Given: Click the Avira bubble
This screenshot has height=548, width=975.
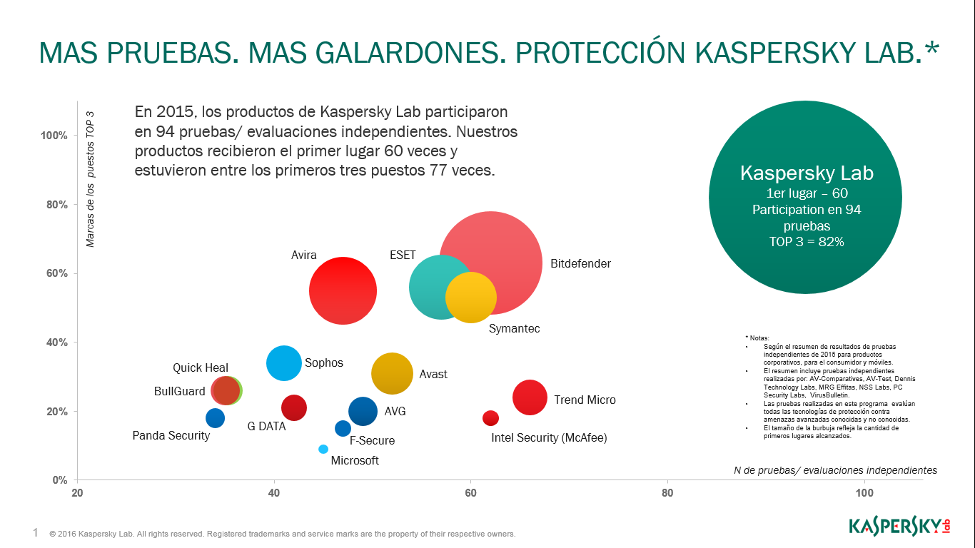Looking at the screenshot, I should click(343, 290).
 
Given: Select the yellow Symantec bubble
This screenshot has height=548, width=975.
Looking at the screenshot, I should click(471, 298).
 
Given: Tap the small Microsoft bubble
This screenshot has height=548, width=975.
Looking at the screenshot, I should click(323, 449).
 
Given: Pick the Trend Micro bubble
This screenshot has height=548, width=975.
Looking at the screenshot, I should click(530, 397).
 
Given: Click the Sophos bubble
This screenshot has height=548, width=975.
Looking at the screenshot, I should click(284, 363).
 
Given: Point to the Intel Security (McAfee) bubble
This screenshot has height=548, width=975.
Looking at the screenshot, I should click(490, 418).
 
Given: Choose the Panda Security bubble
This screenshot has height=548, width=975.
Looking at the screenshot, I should click(215, 418).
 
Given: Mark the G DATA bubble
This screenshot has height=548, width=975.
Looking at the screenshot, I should click(294, 407).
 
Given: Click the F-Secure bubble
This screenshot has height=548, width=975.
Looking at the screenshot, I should click(343, 428).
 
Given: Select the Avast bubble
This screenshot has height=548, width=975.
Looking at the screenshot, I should click(392, 373).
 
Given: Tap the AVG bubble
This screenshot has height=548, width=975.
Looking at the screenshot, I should click(363, 411).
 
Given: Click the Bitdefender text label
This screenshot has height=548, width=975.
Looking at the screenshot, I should click(580, 263).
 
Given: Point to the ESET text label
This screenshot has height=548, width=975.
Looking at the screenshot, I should click(403, 255).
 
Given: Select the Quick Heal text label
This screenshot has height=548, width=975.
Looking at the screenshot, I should click(201, 368).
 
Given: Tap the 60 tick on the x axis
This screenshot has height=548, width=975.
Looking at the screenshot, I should click(470, 493).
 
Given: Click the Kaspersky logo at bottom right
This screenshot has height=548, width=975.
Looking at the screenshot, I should click(899, 527).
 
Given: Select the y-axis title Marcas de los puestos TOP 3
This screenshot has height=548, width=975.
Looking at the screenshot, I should click(91, 179).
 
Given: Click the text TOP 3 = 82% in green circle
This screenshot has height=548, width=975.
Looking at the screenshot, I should click(806, 242).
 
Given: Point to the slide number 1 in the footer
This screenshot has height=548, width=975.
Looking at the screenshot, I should click(36, 532).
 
